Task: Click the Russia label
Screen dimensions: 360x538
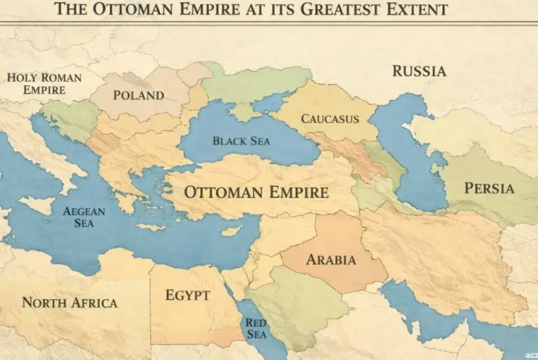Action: click(x=419, y=71)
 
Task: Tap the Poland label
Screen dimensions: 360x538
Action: click(x=138, y=95)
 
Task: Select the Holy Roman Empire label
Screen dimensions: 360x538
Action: click(x=44, y=83)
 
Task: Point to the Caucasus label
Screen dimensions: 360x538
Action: click(x=330, y=118)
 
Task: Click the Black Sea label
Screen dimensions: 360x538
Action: click(x=241, y=141)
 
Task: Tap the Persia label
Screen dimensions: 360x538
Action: click(x=489, y=188)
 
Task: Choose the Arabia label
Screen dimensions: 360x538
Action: click(x=330, y=260)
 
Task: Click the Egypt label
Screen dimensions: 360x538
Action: click(x=187, y=294)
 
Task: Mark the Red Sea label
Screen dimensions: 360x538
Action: click(x=256, y=329)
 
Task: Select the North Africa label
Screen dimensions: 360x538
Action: click(x=69, y=303)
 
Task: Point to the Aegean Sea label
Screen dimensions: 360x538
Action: click(x=84, y=217)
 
